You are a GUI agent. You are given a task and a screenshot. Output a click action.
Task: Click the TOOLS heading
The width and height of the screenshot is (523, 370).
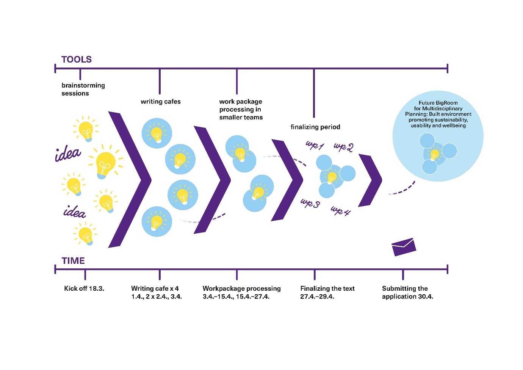[77, 60]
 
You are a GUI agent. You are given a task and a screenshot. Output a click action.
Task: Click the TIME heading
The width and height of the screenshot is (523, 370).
[73, 261]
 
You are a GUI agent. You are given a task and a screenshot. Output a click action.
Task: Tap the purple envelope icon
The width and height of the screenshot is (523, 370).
[404, 247]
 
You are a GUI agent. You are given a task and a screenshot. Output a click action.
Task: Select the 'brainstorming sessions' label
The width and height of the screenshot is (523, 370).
[83, 89]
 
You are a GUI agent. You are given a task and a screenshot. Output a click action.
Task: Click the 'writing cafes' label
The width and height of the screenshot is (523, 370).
[161, 102]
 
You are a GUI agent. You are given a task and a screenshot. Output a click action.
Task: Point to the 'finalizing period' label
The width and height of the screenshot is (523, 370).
[315, 127]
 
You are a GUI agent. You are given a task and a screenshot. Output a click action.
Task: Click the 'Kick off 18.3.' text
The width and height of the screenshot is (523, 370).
[84, 288]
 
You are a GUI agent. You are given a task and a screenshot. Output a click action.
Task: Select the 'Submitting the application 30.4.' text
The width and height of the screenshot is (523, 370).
[407, 292]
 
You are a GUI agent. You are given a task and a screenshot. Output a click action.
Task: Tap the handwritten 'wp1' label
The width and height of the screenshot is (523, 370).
[315, 145]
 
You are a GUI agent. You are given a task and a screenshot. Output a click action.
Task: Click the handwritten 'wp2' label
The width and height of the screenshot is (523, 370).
[343, 147]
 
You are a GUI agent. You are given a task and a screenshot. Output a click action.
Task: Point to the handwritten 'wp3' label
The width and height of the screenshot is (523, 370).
[310, 203]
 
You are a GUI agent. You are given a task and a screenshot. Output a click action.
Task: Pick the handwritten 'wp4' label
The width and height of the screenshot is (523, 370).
[340, 211]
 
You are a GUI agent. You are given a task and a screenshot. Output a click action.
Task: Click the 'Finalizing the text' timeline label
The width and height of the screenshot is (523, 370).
[327, 288]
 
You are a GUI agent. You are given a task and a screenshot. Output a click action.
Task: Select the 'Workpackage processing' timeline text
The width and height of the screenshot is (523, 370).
[241, 288]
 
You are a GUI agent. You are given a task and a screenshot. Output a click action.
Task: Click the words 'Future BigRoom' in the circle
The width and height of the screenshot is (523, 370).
[438, 103]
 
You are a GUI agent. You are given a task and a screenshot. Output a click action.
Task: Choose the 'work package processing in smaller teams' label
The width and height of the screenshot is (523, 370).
[241, 110]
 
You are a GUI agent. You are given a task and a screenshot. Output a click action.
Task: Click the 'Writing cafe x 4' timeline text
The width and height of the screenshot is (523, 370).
[155, 288]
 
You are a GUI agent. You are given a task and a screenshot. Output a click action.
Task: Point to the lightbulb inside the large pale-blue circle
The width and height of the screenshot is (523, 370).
[435, 154]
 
